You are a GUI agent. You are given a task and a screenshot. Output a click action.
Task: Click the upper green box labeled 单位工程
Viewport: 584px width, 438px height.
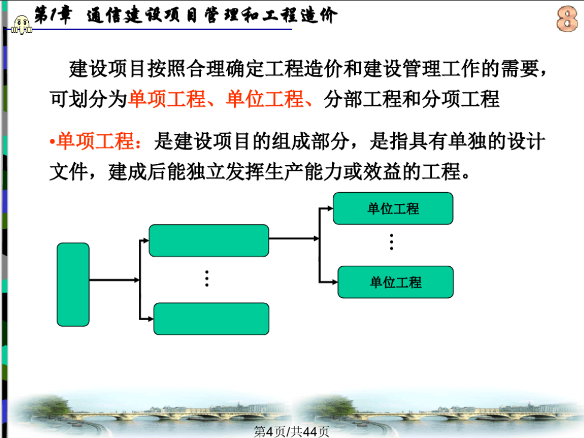[393, 208]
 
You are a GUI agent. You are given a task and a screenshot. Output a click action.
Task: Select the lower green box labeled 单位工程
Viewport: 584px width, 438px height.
[396, 282]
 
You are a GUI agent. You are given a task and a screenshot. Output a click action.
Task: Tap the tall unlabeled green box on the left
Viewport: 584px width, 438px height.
[73, 285]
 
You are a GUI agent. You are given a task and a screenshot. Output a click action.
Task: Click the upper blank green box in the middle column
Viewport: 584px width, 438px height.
[209, 241]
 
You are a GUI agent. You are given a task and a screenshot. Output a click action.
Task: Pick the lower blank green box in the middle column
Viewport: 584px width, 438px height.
[211, 319]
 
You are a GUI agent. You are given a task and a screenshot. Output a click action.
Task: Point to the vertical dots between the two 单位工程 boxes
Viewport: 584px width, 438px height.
[391, 242]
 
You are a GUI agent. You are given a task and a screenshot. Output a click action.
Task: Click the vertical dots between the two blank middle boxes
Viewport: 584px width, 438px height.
[206, 279]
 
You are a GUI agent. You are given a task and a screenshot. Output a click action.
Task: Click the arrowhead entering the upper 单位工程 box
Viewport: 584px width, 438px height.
[330, 209]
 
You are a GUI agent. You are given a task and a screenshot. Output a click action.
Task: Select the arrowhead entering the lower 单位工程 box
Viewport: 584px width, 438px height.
[334, 282]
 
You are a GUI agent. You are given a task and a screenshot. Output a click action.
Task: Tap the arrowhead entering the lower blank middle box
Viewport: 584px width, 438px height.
[150, 319]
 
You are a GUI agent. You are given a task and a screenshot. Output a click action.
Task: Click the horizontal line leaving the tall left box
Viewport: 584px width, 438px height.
[114, 279]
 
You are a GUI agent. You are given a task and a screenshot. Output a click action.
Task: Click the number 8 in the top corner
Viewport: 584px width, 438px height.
[567, 19]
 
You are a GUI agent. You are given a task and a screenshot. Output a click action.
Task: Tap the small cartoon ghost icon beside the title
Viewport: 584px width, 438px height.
[21, 25]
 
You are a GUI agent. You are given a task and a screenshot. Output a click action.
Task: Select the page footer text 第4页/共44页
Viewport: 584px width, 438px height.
[291, 431]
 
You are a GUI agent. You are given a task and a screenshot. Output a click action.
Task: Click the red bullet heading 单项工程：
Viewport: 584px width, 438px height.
[96, 142]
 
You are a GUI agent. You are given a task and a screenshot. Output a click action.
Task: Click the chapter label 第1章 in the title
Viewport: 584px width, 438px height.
[53, 16]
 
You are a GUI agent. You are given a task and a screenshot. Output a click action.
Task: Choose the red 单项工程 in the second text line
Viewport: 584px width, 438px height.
[167, 99]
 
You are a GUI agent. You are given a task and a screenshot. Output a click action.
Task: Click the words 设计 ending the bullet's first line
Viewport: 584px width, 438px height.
[527, 142]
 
